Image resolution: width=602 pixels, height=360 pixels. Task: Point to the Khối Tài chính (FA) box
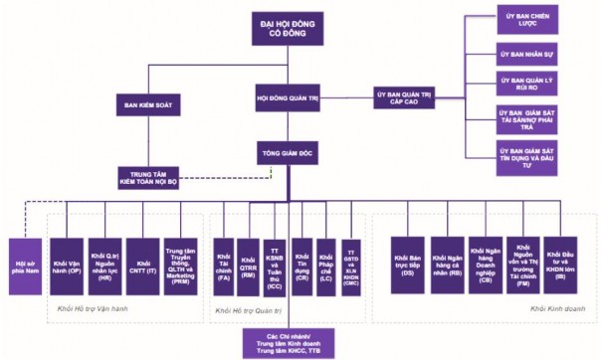[222, 263]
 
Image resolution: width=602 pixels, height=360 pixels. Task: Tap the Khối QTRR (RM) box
[249, 263]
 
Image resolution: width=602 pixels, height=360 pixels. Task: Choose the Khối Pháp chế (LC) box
[326, 263]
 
